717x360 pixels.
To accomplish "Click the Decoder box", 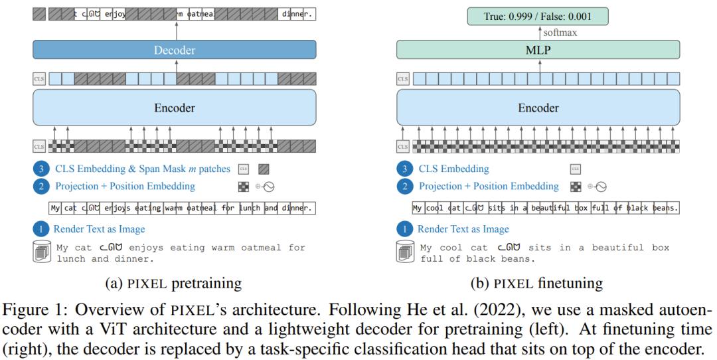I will (x=175, y=50).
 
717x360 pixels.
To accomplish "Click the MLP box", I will (x=538, y=50).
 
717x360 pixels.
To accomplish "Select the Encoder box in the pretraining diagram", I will (x=175, y=108).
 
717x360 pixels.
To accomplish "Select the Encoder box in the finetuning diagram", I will (x=538, y=108).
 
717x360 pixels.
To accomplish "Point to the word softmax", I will (x=559, y=32).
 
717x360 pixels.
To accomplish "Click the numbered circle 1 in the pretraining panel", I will (x=40, y=229).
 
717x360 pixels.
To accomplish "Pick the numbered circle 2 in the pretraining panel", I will (x=40, y=186).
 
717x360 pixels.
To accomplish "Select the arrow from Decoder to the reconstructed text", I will (x=177, y=30).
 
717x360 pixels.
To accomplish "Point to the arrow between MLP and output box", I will (x=539, y=32).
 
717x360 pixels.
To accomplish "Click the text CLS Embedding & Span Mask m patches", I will (x=143, y=169).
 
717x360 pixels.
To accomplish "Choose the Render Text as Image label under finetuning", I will (x=463, y=229).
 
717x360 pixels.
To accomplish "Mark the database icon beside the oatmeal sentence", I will (x=40, y=252).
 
